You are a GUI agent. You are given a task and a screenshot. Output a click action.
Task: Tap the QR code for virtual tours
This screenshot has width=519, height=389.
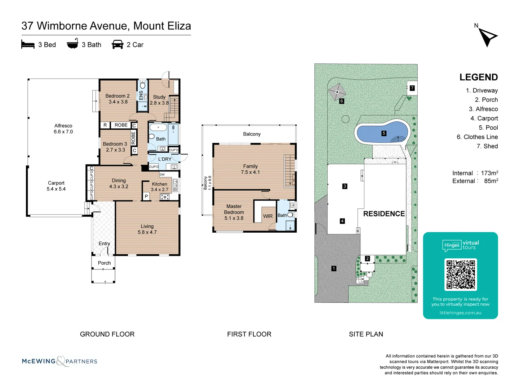pos(461,274)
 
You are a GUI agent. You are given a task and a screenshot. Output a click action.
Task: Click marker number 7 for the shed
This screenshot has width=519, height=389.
pos(412,88)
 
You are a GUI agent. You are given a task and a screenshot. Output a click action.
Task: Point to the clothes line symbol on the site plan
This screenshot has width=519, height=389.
pos(337,92)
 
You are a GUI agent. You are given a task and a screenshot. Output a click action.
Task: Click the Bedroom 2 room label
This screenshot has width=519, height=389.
pos(117,99)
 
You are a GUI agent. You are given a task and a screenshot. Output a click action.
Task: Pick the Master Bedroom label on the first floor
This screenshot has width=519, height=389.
pos(234,212)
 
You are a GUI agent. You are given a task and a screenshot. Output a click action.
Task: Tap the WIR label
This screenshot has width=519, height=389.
pos(268,216)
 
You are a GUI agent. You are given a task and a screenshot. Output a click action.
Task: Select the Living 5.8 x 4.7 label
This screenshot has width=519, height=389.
pos(147,229)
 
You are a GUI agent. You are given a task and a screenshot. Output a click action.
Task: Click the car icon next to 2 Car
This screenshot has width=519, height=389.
pos(117,45)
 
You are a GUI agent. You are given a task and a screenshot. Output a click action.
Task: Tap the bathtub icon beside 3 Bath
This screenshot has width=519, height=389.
pos(72,44)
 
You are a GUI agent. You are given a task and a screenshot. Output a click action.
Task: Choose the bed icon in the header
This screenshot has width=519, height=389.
pos(28,45)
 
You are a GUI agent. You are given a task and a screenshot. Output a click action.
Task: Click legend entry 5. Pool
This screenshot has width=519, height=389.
pos(488,128)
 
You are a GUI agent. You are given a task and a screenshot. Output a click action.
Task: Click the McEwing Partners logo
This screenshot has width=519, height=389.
pos(59,361)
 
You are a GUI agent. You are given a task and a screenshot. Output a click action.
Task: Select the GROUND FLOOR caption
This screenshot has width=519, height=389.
pos(107,334)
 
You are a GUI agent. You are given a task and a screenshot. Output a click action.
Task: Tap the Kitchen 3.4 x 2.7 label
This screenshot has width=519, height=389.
pos(159,187)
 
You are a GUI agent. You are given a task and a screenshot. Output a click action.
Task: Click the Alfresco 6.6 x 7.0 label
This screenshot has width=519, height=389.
pos(63,129)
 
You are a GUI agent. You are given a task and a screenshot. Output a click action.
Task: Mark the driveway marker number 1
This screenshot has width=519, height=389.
pos(334,268)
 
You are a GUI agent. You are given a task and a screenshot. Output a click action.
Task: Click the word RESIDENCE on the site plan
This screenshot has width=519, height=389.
pos(384,214)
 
